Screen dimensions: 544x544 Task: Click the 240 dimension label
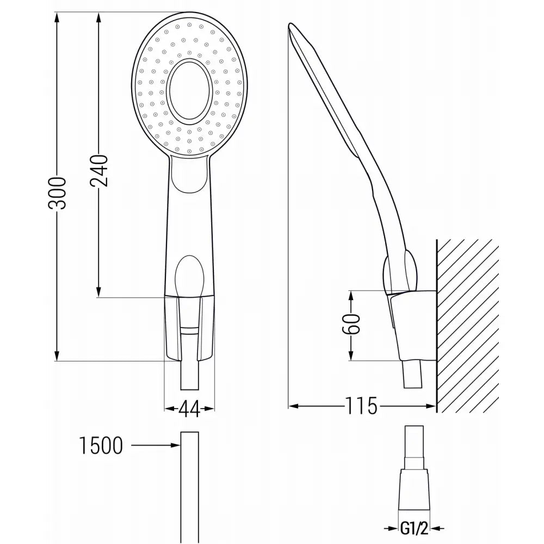pos(100,170)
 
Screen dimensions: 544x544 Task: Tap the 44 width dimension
pos(189,408)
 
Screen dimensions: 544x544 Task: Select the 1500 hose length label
pos(101,446)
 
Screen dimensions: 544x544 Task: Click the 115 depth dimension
pos(361,406)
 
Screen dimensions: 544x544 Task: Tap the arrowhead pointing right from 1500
pos(175,446)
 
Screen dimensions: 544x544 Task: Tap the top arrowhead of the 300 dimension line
pos(57,16)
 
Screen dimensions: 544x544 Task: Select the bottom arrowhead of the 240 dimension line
pos(99,292)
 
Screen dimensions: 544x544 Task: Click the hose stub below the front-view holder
pos(189,375)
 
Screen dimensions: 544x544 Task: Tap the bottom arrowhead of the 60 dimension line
pos(351,356)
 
